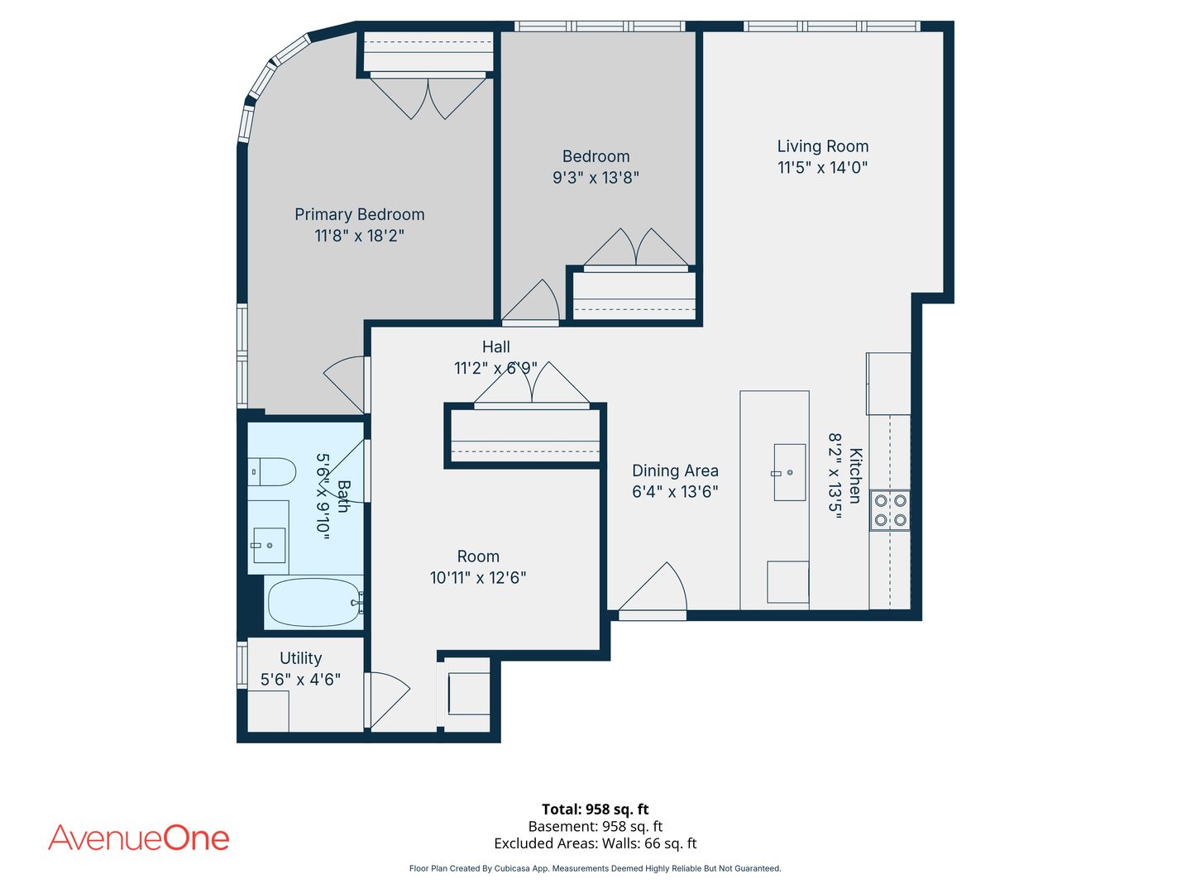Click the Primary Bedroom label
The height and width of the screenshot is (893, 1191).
pyautogui.click(x=359, y=214)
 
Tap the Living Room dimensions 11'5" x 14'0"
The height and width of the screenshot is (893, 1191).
pyautogui.click(x=823, y=168)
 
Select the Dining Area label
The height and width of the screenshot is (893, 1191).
pyautogui.click(x=675, y=470)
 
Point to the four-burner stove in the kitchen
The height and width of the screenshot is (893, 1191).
pyautogui.click(x=890, y=510)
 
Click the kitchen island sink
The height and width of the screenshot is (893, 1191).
pyautogui.click(x=790, y=472)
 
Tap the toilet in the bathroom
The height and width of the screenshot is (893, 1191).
pyautogui.click(x=271, y=471)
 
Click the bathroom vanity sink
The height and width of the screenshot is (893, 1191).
pyautogui.click(x=269, y=546)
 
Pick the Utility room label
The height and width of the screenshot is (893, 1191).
pyautogui.click(x=300, y=657)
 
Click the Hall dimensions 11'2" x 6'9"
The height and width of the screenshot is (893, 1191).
pyautogui.click(x=495, y=368)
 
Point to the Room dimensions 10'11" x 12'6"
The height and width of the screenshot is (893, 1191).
pyautogui.click(x=478, y=578)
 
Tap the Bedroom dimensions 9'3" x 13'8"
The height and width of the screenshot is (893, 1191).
pyautogui.click(x=595, y=178)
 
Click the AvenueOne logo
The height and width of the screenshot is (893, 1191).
pyautogui.click(x=139, y=838)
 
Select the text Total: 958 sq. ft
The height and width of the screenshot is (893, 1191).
pyautogui.click(x=595, y=809)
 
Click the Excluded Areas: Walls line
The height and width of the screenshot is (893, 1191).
pyautogui.click(x=595, y=843)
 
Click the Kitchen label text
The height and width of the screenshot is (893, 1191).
pyautogui.click(x=854, y=475)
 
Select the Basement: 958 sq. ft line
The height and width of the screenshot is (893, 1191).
pyautogui.click(x=595, y=826)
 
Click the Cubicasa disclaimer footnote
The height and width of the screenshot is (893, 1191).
pyautogui.click(x=595, y=868)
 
